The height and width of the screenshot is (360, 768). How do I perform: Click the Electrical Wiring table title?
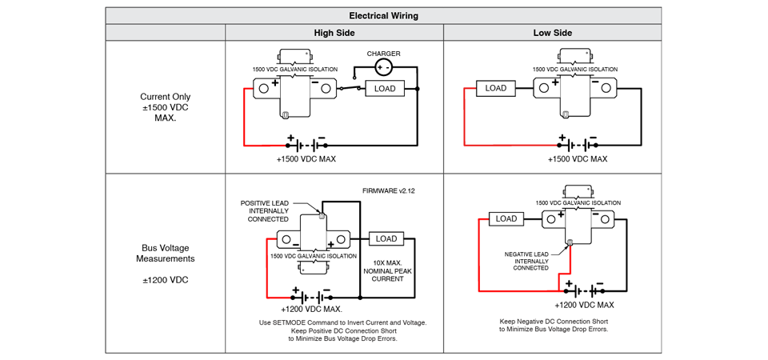point(383,16)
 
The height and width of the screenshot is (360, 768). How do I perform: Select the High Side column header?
point(334,33)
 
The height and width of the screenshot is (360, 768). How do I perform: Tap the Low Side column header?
point(553,33)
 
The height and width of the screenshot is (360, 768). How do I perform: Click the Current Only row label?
point(165,97)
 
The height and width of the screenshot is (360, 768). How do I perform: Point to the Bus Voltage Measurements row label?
point(165,254)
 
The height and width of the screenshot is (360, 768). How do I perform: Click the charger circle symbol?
point(383,67)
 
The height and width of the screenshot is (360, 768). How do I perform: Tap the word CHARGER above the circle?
point(383,54)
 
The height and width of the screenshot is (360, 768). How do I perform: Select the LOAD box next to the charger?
point(385,89)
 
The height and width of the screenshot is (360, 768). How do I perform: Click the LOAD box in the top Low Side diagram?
point(496,89)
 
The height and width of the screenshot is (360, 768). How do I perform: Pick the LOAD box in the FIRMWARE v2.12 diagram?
point(386,238)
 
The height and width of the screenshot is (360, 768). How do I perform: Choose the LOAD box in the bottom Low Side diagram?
point(506,218)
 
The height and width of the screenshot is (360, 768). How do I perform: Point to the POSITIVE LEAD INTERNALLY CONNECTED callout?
point(264,211)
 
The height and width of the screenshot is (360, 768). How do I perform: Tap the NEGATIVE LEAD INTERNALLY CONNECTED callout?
point(527,261)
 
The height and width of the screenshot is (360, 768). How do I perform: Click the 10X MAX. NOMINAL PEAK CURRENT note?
point(387,271)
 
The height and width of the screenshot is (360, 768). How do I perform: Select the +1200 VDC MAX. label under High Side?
point(311,309)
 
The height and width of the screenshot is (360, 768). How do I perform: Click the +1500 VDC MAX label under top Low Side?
point(578,158)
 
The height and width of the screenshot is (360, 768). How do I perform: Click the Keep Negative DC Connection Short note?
point(554,326)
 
